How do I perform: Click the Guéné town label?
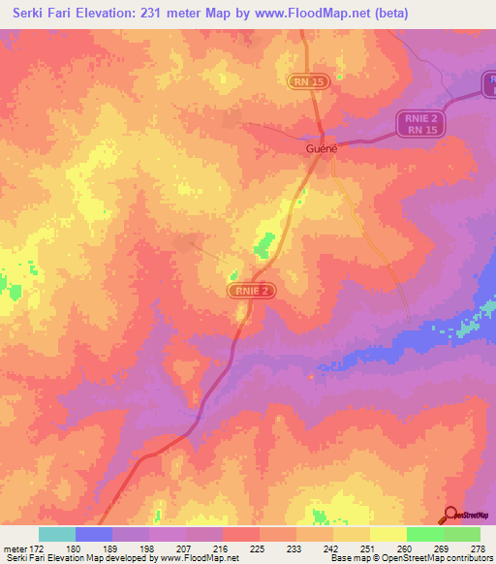coord(321,150)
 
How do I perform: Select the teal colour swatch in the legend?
coord(57,534)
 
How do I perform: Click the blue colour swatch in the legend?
coord(94,534)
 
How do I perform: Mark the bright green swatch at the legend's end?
coord(462,534)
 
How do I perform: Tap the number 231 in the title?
coord(150,14)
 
